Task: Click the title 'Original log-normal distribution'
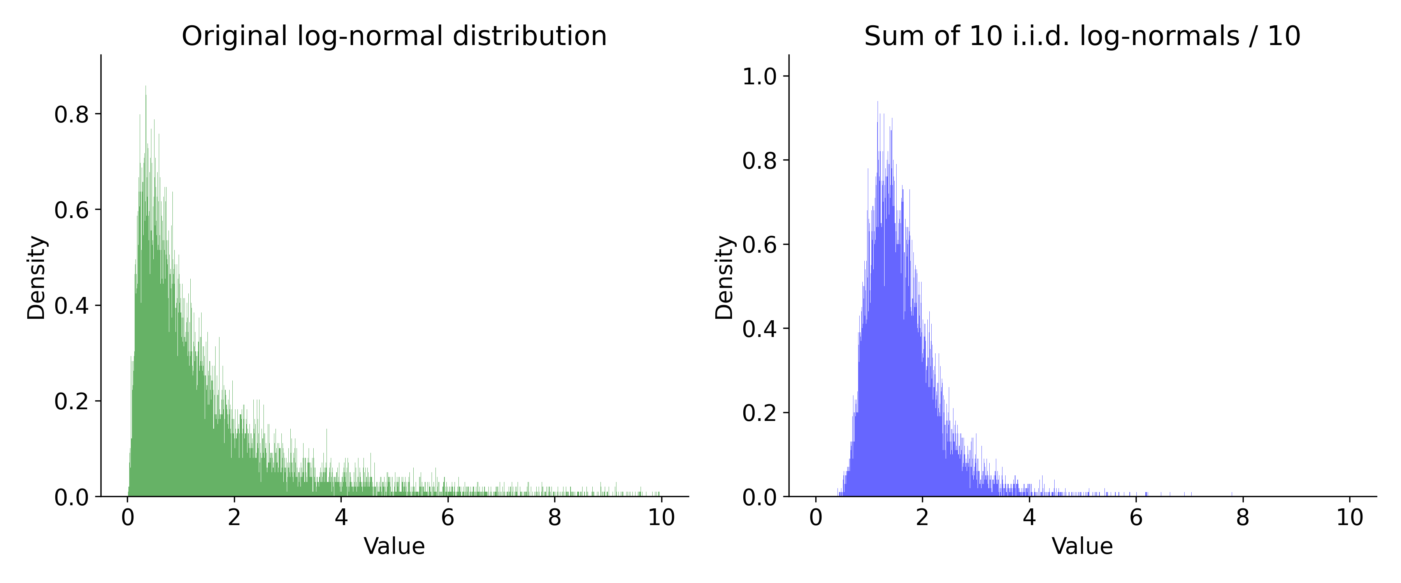[394, 37]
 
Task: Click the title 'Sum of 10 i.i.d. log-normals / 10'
[1082, 37]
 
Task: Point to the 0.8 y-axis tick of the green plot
[71, 115]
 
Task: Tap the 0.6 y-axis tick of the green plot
[71, 210]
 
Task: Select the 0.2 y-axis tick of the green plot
[71, 401]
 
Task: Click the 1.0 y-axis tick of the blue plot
[759, 77]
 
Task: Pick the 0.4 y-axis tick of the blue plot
[759, 329]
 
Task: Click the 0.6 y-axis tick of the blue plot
[759, 244]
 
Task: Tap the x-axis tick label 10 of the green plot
[661, 517]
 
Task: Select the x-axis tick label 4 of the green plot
[341, 517]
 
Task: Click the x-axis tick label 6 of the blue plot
[1136, 517]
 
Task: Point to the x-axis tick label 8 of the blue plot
[1242, 517]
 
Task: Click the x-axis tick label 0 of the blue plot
[815, 517]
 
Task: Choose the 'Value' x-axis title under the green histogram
[394, 546]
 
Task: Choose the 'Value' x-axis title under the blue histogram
[1082, 546]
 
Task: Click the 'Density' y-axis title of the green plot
[37, 277]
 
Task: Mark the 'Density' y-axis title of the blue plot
[724, 277]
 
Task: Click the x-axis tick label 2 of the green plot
[234, 517]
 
